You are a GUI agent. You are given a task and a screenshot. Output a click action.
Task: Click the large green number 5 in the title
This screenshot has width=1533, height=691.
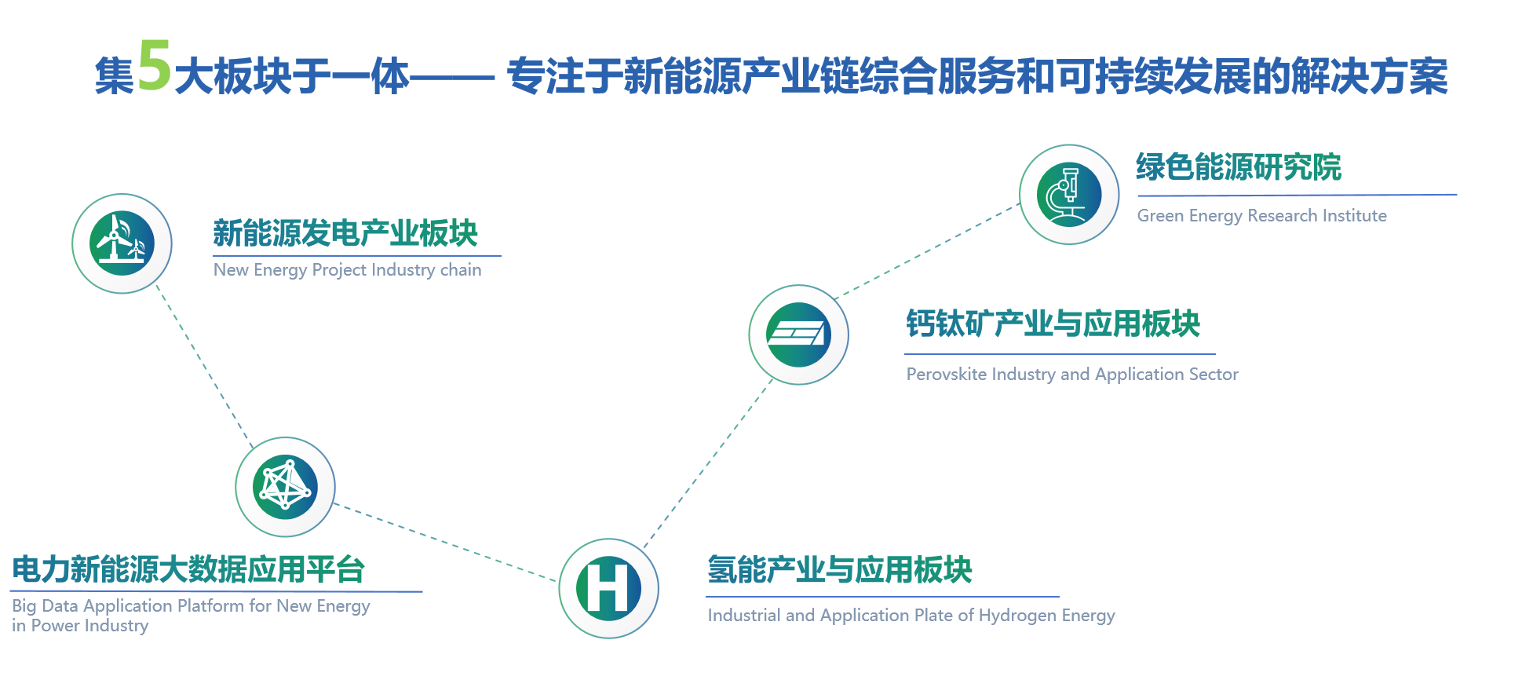click(x=154, y=68)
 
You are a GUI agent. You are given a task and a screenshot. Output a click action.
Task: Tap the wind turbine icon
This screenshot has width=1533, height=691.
click(x=122, y=243)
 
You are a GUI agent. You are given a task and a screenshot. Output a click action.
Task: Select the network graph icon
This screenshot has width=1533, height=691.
click(x=285, y=487)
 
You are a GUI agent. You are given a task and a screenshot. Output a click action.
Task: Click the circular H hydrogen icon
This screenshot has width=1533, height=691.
click(x=608, y=588)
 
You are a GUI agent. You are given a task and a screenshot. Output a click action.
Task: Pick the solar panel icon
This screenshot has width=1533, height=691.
click(x=798, y=335)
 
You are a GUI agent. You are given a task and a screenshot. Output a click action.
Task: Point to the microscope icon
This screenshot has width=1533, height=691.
click(x=1068, y=194)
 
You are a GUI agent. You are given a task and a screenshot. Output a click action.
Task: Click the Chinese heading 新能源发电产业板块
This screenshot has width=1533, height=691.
click(x=345, y=233)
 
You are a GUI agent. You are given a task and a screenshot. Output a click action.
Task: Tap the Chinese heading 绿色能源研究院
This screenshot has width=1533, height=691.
click(x=1239, y=167)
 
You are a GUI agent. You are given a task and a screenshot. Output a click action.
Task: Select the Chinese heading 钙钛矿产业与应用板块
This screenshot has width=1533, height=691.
click(x=1053, y=324)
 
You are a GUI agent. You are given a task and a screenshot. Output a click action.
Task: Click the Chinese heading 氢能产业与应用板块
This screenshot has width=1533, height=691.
click(x=840, y=569)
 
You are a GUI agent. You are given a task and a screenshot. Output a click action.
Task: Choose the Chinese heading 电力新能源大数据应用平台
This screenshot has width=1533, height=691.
click(x=188, y=569)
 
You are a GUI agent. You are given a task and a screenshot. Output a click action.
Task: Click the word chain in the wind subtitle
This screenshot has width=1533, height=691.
click(x=461, y=270)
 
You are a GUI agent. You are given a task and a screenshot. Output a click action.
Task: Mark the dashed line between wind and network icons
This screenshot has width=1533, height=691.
click(x=203, y=364)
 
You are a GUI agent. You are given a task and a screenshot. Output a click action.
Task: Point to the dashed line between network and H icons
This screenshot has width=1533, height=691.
click(x=444, y=543)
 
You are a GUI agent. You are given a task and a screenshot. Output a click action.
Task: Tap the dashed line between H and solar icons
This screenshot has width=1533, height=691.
click(x=706, y=463)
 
